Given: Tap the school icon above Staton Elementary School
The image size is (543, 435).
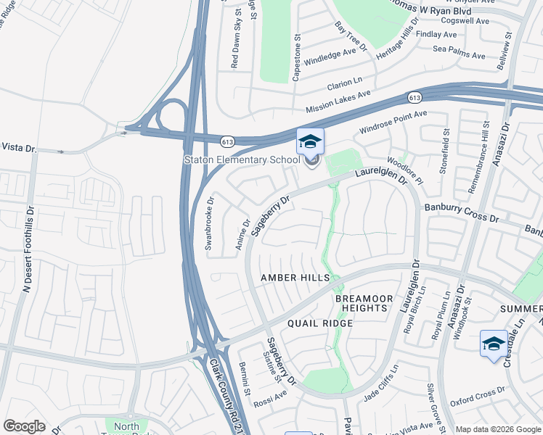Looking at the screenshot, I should coord(310,141).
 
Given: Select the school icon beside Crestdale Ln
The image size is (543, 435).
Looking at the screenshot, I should coord(494,343).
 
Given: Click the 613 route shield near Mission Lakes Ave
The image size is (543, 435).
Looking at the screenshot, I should coord(415,97).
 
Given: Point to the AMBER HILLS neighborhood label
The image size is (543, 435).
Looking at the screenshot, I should coord(296,278).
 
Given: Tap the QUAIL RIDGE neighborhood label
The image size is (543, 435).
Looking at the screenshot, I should coord(319,323).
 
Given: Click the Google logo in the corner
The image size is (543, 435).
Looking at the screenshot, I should coord(24,426).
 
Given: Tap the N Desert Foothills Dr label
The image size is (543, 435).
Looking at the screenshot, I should coord(28,247).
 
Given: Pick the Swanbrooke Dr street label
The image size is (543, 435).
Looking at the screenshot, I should coord(209,224).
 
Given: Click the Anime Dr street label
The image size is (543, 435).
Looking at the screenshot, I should coord(242,236).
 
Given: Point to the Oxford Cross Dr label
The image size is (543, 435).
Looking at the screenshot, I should coord(477,397).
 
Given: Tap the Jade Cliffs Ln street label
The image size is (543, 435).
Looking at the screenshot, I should coord(380,383).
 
